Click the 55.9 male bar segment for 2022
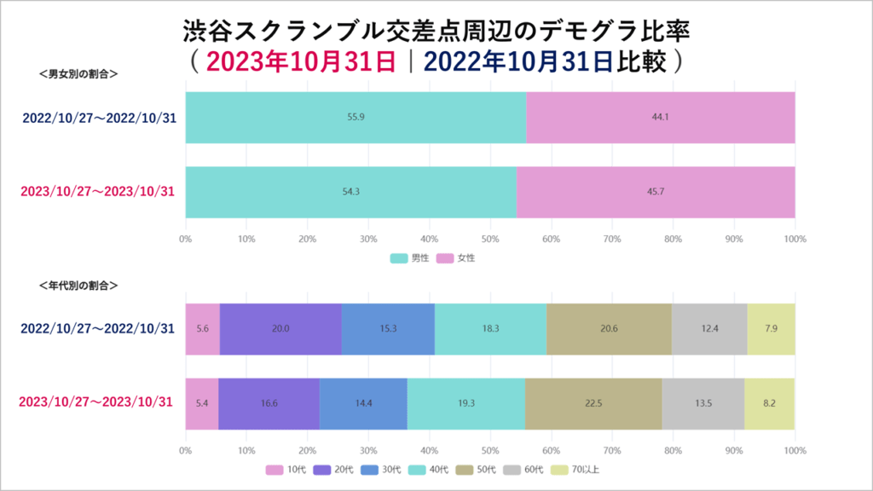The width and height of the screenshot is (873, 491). pos(356,117)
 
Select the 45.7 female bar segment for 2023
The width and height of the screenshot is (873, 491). pos(656,192)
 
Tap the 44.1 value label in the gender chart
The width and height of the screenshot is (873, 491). pos(660,117)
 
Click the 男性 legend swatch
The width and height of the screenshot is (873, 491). pos(398,257)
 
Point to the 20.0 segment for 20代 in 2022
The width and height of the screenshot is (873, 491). pos(280,328)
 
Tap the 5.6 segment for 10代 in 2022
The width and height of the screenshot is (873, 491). pos(202,328)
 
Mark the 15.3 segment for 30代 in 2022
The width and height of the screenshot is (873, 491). pos(388,328)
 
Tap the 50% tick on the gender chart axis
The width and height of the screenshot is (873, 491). pos(489,239)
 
